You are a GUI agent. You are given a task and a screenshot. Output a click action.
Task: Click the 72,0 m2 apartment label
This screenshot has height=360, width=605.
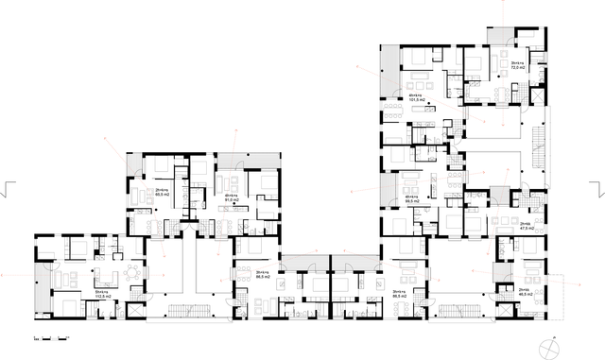point(517,66)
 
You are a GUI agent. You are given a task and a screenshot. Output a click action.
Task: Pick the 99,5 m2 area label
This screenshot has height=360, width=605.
point(412,200)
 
